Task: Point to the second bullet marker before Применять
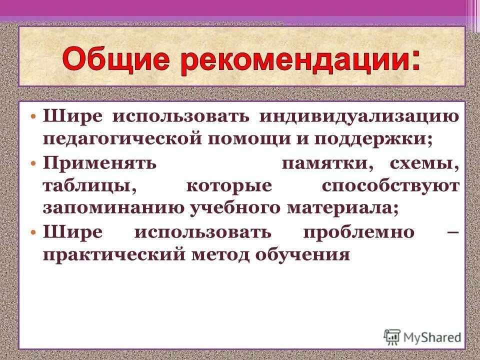point(33,163)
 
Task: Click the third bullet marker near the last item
point(33,232)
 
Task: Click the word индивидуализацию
point(358,116)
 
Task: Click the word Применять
point(99,163)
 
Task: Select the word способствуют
point(390,186)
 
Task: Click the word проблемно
point(358,232)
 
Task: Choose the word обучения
point(302,255)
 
